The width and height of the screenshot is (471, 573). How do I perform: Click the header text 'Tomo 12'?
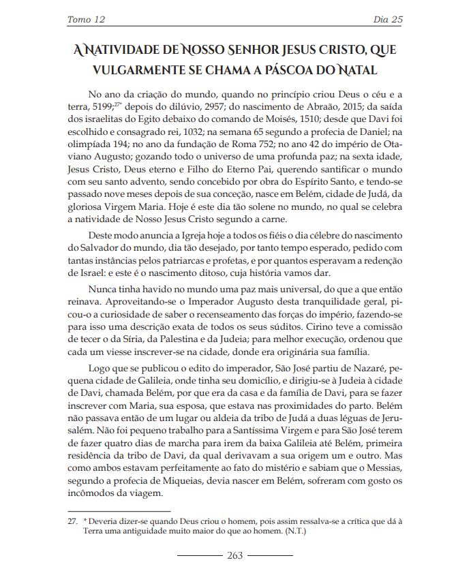pyautogui.click(x=85, y=19)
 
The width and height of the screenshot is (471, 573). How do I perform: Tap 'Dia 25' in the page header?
pyautogui.click(x=387, y=19)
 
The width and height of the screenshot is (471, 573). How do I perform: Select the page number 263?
pyautogui.click(x=235, y=555)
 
